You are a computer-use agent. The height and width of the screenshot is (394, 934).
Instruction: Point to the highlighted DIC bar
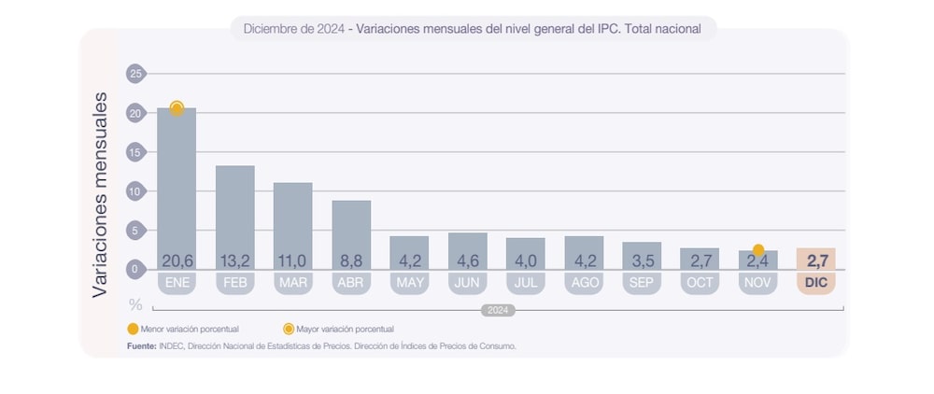[815, 259]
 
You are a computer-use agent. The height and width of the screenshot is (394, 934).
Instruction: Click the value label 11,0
[292, 260]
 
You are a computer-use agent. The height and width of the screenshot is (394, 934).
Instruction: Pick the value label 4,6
[467, 260]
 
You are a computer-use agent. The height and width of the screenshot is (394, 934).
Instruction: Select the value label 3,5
[642, 260]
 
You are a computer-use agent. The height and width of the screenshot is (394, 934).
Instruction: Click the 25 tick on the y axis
[135, 74]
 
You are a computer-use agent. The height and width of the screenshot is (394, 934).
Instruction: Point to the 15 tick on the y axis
[135, 152]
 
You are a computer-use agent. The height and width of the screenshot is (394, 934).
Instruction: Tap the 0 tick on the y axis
[135, 270]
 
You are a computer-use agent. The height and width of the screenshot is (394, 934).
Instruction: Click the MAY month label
[409, 282]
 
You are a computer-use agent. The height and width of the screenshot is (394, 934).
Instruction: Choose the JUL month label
[525, 282]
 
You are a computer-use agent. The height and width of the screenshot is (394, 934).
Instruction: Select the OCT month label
[700, 282]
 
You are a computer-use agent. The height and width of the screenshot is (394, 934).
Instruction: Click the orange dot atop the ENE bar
[177, 108]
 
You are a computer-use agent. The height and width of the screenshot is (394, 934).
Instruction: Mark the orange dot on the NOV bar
[758, 250]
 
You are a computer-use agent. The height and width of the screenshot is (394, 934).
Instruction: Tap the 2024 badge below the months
[498, 311]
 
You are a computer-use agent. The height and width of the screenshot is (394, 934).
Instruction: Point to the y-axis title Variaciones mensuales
[100, 194]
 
